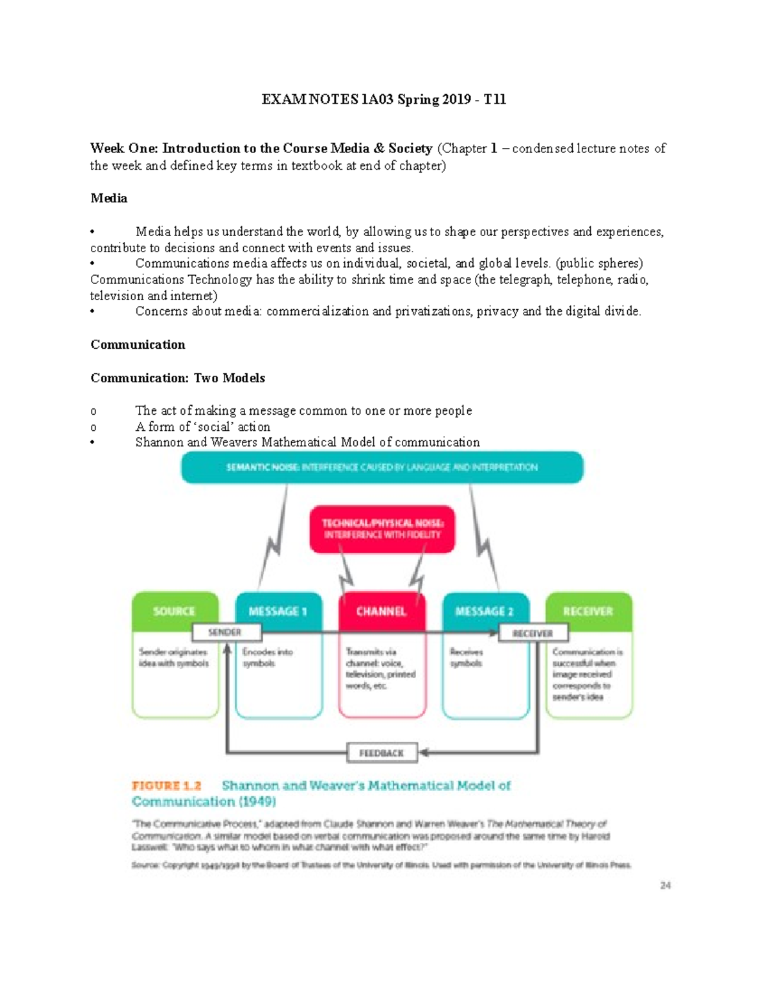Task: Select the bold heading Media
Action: [109, 198]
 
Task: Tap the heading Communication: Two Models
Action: [177, 378]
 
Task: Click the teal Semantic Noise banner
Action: [382, 467]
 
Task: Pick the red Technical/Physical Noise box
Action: [382, 529]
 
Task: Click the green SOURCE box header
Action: [174, 611]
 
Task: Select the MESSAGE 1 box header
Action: [278, 611]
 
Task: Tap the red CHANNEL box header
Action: [381, 611]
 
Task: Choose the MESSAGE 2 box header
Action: [484, 611]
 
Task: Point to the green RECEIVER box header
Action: [588, 611]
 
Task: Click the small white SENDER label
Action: [225, 632]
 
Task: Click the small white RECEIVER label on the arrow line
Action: [532, 633]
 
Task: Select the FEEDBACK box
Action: [381, 753]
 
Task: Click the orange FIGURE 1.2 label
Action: [166, 785]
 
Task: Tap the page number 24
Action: [666, 885]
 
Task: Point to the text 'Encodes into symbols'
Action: [268, 657]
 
